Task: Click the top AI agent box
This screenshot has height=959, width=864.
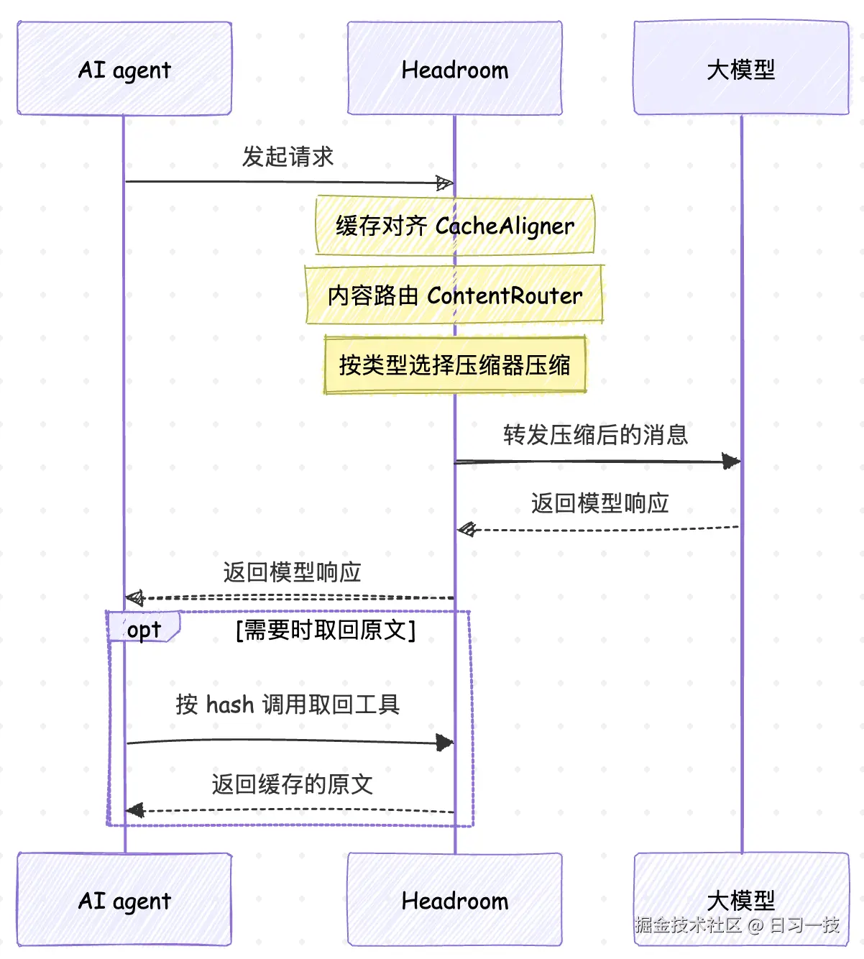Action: coord(124,68)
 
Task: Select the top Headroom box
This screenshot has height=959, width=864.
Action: coord(455,68)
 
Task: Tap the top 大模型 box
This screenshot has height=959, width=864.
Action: coord(741,68)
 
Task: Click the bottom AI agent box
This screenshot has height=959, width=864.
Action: coord(124,899)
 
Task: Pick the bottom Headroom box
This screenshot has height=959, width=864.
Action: coord(455,899)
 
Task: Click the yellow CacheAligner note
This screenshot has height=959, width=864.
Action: coord(455,225)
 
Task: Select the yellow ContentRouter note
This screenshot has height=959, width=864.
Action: coord(455,295)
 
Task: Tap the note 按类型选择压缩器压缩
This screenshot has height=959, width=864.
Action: coord(455,364)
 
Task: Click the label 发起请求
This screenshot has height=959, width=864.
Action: coord(288,157)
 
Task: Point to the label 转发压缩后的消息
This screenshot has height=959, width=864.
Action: coord(596,435)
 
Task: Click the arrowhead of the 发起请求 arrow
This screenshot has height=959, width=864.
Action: coord(445,183)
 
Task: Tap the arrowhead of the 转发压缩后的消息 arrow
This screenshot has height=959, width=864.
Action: coord(732,462)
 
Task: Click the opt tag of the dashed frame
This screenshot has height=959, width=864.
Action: coord(144,627)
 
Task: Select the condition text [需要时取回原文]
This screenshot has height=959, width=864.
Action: coord(326,630)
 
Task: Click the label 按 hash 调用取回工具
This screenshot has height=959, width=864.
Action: coord(288,705)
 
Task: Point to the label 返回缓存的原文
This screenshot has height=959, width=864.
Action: coord(292,784)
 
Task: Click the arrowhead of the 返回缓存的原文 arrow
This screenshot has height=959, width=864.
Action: coord(135,810)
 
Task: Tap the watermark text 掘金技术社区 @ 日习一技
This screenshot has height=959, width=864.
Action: coord(737,925)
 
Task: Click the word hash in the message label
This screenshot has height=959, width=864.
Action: coord(230,705)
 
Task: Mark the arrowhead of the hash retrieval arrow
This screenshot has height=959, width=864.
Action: coord(445,743)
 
